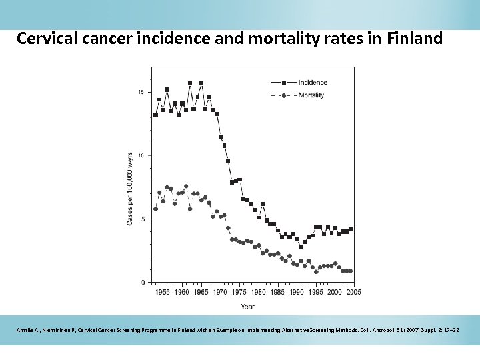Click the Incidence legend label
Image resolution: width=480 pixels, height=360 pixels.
313,82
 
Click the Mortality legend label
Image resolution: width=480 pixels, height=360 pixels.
311,95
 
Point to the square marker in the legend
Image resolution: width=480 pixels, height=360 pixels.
284,82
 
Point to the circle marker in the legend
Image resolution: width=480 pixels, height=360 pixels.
284,95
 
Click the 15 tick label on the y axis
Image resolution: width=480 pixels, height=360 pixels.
141,92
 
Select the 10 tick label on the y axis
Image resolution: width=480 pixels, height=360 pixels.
141,155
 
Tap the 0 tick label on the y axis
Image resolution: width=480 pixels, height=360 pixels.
143,283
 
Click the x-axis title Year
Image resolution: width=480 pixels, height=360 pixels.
247,307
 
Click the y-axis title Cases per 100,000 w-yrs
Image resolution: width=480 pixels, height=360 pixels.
130,188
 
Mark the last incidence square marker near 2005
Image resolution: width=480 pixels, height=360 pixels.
351,229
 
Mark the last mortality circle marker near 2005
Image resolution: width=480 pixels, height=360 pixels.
351,271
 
